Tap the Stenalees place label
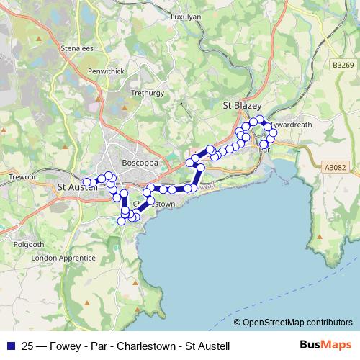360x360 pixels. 78,49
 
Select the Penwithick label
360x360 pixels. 106,71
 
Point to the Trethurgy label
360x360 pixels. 148,93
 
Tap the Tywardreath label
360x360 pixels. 292,124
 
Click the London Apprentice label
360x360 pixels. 63,258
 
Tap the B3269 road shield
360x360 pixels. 344,64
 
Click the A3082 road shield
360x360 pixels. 336,167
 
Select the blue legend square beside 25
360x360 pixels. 9,346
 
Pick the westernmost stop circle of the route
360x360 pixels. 86,183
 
